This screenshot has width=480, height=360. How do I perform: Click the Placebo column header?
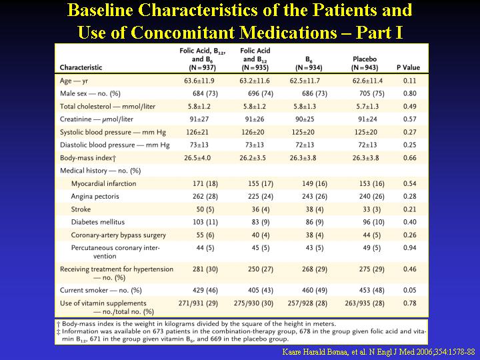(x=365, y=63)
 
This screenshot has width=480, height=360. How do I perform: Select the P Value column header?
(x=409, y=67)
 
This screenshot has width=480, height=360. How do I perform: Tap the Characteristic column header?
(x=81, y=67)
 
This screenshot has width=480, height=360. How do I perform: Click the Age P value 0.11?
(x=409, y=81)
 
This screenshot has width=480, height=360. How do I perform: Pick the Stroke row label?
(x=81, y=209)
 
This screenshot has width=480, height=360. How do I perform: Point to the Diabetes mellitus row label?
(x=98, y=222)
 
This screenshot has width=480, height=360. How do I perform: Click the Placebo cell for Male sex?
(x=371, y=94)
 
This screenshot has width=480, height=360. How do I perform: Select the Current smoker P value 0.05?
(x=409, y=290)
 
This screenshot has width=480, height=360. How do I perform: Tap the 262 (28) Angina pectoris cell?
(x=205, y=197)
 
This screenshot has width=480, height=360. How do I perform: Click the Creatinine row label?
(x=97, y=119)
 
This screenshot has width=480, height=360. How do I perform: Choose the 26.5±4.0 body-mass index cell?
(x=197, y=158)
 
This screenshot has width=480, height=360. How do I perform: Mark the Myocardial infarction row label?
(x=104, y=184)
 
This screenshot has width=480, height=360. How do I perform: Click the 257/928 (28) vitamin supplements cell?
(x=307, y=303)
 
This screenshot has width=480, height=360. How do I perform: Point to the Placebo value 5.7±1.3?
(x=367, y=107)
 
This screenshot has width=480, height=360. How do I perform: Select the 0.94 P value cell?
(x=409, y=247)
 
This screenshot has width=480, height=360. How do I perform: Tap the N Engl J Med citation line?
(x=379, y=352)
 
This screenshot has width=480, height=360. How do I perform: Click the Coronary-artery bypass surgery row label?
(x=119, y=235)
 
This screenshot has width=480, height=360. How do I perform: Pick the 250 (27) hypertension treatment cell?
(x=261, y=269)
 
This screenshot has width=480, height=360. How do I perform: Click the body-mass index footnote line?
(x=196, y=324)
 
